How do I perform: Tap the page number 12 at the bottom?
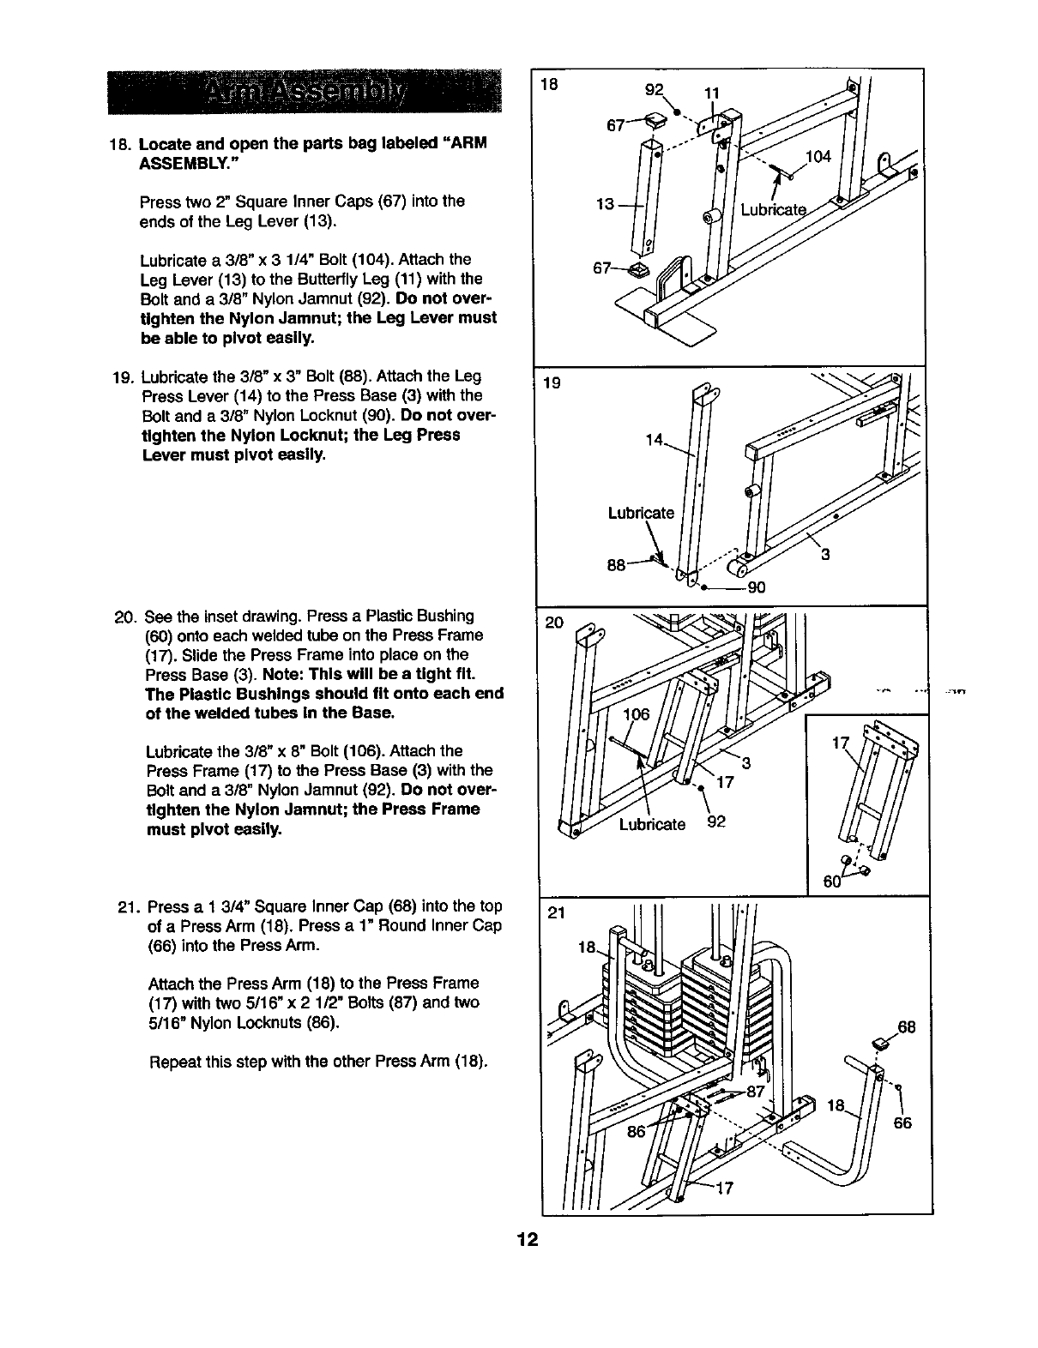pyautogui.click(x=526, y=1241)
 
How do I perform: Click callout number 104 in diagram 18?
pyautogui.click(x=819, y=156)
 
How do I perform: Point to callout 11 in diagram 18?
pyautogui.click(x=710, y=92)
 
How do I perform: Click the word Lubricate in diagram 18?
pyautogui.click(x=774, y=210)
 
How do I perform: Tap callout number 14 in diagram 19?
pyautogui.click(x=655, y=441)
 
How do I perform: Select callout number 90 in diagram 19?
pyautogui.click(x=756, y=588)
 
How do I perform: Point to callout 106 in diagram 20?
pyautogui.click(x=636, y=715)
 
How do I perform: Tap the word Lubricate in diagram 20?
pyautogui.click(x=652, y=825)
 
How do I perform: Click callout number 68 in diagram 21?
pyautogui.click(x=907, y=1026)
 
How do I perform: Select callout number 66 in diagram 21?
pyautogui.click(x=902, y=1123)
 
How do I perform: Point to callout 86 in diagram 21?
pyautogui.click(x=637, y=1131)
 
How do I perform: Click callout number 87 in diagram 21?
pyautogui.click(x=755, y=1092)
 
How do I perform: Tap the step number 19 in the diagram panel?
pyautogui.click(x=552, y=382)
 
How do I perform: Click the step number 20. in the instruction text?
pyautogui.click(x=125, y=616)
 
